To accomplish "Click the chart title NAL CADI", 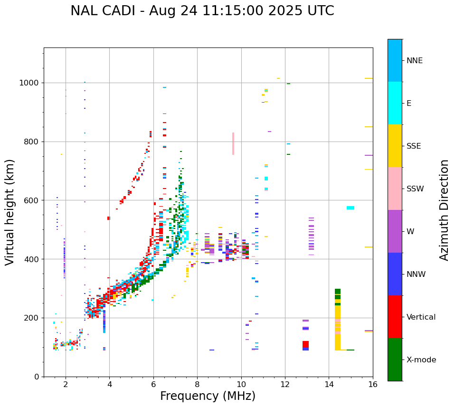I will click(202, 11).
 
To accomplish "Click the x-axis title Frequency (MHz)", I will click(208, 396).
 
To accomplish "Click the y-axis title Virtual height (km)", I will click(10, 212).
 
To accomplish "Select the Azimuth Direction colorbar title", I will click(444, 209).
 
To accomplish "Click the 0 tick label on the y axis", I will click(36, 377).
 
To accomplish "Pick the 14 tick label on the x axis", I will click(329, 385).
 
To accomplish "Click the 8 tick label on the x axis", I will click(197, 385).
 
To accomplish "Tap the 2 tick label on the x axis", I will click(66, 385).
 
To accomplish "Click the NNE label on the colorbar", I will click(414, 61).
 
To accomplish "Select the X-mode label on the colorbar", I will click(421, 360).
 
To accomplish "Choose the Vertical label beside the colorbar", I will click(421, 317).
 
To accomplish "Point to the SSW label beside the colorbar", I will click(415, 189).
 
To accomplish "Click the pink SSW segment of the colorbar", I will click(395, 189).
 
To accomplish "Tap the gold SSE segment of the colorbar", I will click(395, 146).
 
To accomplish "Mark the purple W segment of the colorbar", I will click(395, 231).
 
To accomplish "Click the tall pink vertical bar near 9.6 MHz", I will click(233, 143).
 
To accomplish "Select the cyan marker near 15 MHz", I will click(351, 208).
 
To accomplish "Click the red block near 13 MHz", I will click(305, 344).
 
